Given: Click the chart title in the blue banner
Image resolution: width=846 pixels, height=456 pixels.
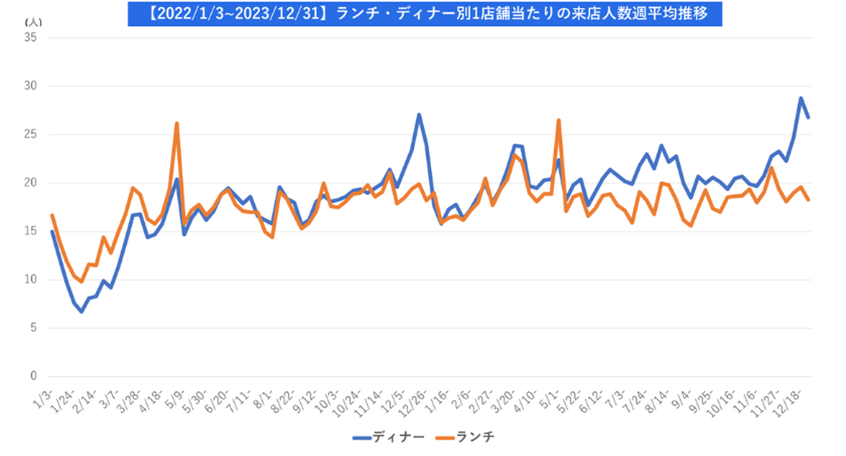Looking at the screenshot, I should (x=424, y=14).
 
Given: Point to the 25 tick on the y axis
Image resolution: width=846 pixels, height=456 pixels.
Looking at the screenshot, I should (x=31, y=135).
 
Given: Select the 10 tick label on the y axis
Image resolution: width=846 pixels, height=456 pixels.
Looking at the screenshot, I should (x=31, y=279).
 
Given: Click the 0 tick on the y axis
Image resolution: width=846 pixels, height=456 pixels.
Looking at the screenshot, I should (x=33, y=377).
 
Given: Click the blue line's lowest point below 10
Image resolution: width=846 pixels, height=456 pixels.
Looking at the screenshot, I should (x=82, y=311).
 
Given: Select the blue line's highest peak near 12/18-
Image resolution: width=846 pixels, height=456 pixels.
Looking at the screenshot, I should (x=800, y=98).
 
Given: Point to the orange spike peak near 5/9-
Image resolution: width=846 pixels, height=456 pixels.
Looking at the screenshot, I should (x=177, y=123).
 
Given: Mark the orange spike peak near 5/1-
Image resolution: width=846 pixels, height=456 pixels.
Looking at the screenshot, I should (x=559, y=120).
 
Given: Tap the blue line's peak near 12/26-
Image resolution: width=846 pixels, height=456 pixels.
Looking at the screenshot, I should (x=419, y=115).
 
